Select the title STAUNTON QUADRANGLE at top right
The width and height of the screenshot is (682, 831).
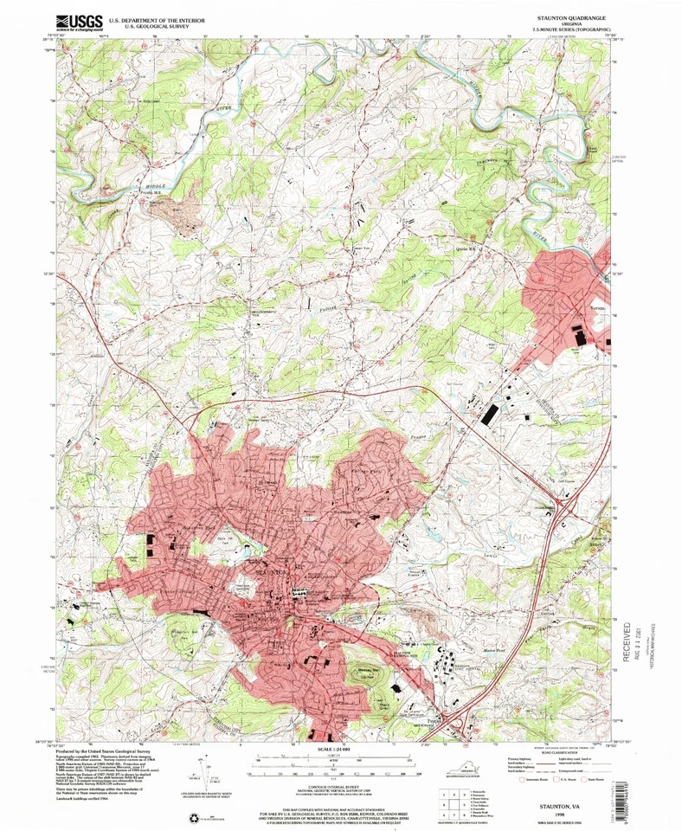(x=565, y=16)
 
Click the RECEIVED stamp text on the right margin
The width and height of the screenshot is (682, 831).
(x=627, y=657)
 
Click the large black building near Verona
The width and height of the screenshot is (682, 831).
(x=578, y=335)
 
